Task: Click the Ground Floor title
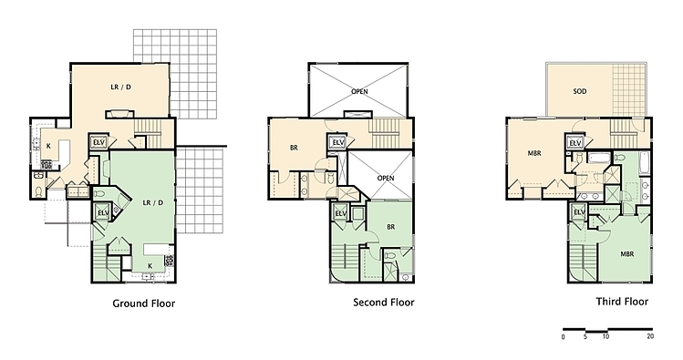(x=144, y=303)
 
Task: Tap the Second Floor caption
(x=384, y=302)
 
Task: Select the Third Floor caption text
(x=622, y=302)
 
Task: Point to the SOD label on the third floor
(x=580, y=91)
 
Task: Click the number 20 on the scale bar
(x=650, y=336)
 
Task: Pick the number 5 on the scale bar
(x=585, y=336)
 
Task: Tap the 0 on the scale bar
(x=564, y=336)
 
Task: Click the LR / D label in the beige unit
(x=120, y=87)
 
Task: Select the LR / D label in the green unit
(x=153, y=203)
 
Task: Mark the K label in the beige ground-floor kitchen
(x=48, y=146)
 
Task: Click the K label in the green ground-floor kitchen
(x=150, y=265)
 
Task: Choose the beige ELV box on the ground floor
(x=98, y=142)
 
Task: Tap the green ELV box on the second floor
(x=341, y=213)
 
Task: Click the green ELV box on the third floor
(x=579, y=212)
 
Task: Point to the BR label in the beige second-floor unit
(x=294, y=148)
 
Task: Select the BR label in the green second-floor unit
(x=390, y=227)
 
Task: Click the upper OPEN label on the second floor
(x=360, y=91)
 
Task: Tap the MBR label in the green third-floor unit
(x=627, y=254)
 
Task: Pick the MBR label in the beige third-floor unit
(x=534, y=153)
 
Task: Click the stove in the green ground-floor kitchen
(x=169, y=261)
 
